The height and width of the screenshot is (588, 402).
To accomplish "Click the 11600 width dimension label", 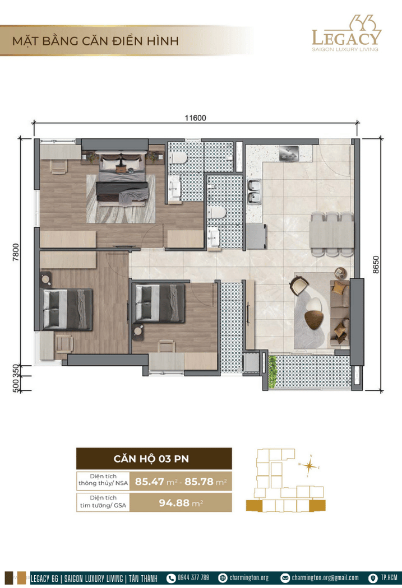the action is click(x=195, y=118).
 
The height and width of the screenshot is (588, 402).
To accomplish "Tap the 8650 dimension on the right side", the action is click(x=376, y=265).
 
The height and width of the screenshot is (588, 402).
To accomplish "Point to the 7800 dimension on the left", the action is click(x=15, y=253).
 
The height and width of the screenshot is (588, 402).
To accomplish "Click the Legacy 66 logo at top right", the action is click(x=346, y=34).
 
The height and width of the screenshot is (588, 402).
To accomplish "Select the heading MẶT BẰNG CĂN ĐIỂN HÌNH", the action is click(x=95, y=41).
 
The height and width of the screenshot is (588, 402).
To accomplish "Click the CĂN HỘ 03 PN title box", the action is click(x=154, y=459).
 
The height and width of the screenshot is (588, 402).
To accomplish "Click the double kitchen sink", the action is click(x=254, y=192).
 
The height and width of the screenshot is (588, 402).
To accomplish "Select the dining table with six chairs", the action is click(x=331, y=235).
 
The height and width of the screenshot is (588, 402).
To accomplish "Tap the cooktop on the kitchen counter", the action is click(x=289, y=153).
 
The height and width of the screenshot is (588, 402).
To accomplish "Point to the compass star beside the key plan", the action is click(x=309, y=466).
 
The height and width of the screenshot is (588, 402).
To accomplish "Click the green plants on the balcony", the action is click(x=272, y=372).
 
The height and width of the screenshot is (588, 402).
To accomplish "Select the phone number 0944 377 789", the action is click(x=193, y=577).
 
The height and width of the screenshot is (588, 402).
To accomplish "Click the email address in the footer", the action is click(x=325, y=577).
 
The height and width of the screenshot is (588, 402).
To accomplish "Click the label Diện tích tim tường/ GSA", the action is click(x=103, y=502).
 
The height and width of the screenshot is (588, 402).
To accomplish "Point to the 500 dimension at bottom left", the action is click(x=15, y=384).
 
